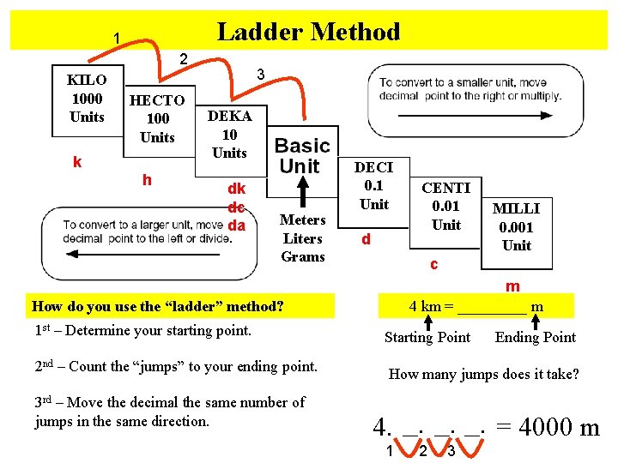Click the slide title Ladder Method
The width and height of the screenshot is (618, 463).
308,33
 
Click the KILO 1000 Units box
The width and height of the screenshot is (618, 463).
87,99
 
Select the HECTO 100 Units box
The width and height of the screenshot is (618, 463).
157,118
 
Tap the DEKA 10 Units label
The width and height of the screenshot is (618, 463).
229,135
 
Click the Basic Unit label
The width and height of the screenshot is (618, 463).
301,156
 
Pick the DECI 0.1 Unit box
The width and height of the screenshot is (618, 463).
373,186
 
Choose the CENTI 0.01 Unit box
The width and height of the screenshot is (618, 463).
445,207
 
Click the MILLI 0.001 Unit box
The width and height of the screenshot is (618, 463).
517,227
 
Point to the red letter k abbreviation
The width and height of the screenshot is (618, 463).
77,161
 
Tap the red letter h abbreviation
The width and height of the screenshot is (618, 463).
148,179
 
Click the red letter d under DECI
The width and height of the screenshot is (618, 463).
366,239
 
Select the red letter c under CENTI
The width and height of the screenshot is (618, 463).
434,265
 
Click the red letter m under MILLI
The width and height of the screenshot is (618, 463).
512,286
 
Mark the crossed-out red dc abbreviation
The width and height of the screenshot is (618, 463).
236,207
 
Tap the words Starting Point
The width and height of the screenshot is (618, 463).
427,337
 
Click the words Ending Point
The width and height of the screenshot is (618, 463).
536,337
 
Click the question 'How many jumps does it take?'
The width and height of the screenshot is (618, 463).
484,374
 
